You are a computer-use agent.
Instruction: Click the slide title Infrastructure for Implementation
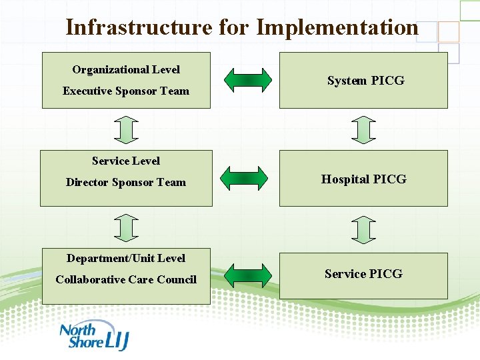point(241,27)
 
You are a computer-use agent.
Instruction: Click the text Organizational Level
point(126,69)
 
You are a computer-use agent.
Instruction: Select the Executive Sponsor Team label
point(126,91)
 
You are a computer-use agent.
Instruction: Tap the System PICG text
point(365,81)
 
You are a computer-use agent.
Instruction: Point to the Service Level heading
point(126,161)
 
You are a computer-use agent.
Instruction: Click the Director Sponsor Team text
point(126,183)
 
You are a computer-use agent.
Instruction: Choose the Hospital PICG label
point(363,179)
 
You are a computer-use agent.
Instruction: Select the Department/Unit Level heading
point(126,258)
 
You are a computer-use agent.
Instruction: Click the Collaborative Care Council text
point(126,280)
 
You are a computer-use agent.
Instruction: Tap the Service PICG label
point(363,274)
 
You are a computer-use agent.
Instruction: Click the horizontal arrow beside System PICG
point(247,80)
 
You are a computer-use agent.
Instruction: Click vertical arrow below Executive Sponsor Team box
point(125,129)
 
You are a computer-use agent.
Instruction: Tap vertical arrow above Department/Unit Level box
point(125,227)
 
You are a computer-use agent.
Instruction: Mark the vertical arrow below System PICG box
point(363,129)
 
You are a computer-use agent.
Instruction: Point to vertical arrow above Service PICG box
point(363,229)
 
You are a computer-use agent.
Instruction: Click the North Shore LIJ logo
point(93,337)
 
